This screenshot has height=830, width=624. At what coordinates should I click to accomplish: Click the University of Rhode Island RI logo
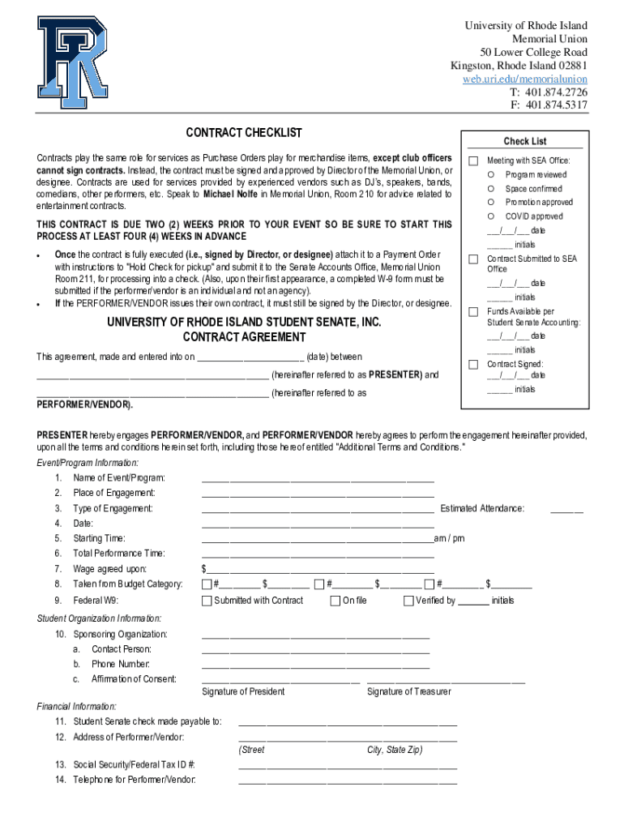(73, 63)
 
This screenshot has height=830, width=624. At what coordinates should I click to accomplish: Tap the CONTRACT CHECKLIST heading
(244, 132)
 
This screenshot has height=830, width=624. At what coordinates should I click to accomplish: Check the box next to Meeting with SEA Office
(473, 160)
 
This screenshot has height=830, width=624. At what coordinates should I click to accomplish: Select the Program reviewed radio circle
(491, 175)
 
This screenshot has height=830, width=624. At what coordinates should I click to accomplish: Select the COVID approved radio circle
(491, 216)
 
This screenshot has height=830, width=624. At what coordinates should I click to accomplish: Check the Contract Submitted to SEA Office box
(473, 259)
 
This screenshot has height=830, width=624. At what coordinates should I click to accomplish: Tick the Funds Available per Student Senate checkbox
(473, 312)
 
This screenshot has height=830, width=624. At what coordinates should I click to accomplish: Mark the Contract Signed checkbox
(473, 365)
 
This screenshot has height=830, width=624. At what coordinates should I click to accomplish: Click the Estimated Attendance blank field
(566, 511)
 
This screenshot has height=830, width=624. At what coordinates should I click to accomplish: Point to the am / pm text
(450, 538)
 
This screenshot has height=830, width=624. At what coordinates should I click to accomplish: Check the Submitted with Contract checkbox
(207, 601)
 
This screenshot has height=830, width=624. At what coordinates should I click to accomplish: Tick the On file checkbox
(335, 601)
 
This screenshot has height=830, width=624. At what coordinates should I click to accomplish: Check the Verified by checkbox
(408, 601)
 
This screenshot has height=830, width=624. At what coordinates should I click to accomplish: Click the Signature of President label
(243, 691)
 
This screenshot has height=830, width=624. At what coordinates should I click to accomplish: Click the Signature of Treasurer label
(408, 691)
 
